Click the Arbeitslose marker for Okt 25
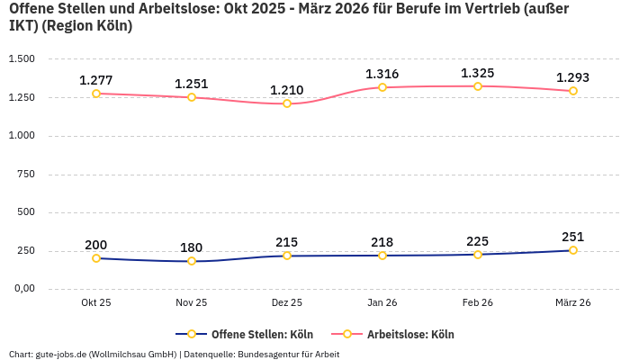(x=96, y=94)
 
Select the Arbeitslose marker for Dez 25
(x=287, y=103)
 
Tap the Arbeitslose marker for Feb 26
(x=478, y=86)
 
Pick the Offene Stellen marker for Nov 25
(x=192, y=261)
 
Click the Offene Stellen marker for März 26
(x=573, y=250)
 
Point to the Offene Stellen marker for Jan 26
(x=382, y=256)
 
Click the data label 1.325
(x=477, y=73)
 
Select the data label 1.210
(x=286, y=90)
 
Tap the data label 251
(x=572, y=237)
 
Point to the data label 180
(x=191, y=247)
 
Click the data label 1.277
(x=95, y=80)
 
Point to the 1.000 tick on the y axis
(x=22, y=136)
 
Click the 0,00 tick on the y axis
(x=22, y=289)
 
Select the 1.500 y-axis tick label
(x=22, y=59)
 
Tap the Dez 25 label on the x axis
(x=287, y=302)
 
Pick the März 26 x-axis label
(x=573, y=302)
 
